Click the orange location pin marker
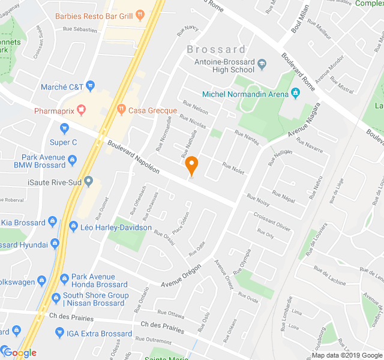191,164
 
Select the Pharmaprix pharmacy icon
82,110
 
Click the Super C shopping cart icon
65,128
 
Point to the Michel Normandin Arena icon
295,93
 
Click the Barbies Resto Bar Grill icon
139,15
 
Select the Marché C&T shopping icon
92,87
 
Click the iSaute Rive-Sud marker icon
89,181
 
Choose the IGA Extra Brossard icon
59,333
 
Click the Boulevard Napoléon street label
133,157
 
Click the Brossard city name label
216,49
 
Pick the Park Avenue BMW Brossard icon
73,160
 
